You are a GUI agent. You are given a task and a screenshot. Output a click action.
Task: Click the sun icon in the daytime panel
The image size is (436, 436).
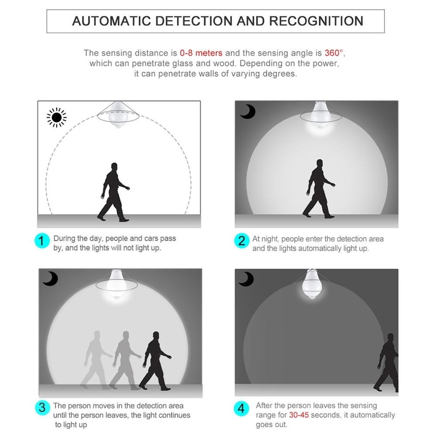pos(57,117)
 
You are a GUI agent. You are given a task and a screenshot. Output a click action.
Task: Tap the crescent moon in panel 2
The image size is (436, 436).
pos(248,112)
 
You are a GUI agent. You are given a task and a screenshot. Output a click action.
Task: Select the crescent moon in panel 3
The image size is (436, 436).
pos(50,280)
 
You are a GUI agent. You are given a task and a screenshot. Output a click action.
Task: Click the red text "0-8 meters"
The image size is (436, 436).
pos(201,53)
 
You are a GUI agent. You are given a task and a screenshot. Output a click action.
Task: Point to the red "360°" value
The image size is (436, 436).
pos(334,53)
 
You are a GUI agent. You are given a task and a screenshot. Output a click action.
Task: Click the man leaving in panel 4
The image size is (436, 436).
pos(387,362)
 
